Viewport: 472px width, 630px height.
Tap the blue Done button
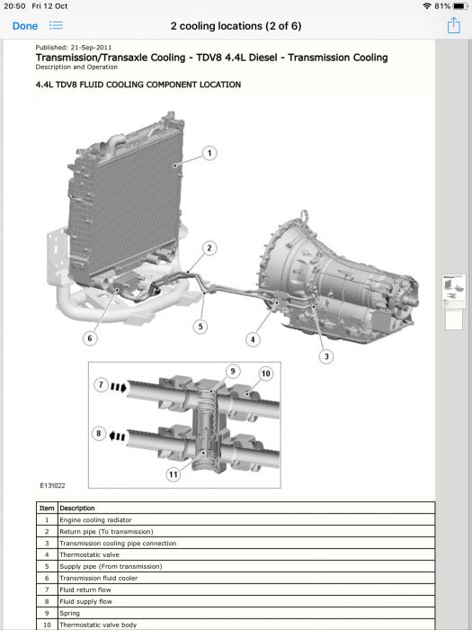(x=25, y=26)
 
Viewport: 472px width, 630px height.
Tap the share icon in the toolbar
(x=453, y=25)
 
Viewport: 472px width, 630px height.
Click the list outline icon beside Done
(x=56, y=26)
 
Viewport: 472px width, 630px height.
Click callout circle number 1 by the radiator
(x=209, y=153)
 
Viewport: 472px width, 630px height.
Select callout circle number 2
(x=209, y=247)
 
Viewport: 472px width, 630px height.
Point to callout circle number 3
(x=326, y=356)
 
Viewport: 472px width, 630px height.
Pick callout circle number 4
(x=253, y=339)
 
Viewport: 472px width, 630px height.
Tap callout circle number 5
(x=200, y=326)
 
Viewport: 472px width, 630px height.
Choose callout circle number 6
(x=90, y=338)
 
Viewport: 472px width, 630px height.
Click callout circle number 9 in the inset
(x=233, y=371)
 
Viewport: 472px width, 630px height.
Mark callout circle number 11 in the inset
(x=173, y=474)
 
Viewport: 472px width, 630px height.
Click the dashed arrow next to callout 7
(x=119, y=387)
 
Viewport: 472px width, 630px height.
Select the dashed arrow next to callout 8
(x=117, y=436)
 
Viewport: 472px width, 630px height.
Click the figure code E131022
(x=52, y=485)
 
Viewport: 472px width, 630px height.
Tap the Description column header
(x=77, y=508)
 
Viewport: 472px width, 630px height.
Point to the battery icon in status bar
(x=460, y=6)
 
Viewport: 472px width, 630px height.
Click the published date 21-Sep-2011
(x=91, y=48)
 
